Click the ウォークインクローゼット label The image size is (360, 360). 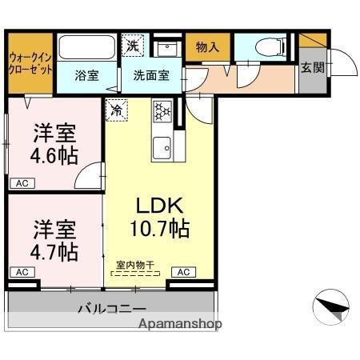click(31, 63)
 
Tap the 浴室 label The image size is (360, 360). click(87, 77)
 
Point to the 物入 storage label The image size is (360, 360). click(207, 47)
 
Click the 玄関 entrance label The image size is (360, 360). click(313, 67)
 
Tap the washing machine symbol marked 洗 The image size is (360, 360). click(133, 46)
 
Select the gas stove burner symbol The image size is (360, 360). click(163, 110)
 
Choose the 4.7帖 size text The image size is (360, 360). click(55, 252)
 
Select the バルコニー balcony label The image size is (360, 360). click(111, 307)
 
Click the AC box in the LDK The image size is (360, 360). click(184, 272)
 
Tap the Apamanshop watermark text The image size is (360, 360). click(182, 324)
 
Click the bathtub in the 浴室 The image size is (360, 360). click(87, 48)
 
